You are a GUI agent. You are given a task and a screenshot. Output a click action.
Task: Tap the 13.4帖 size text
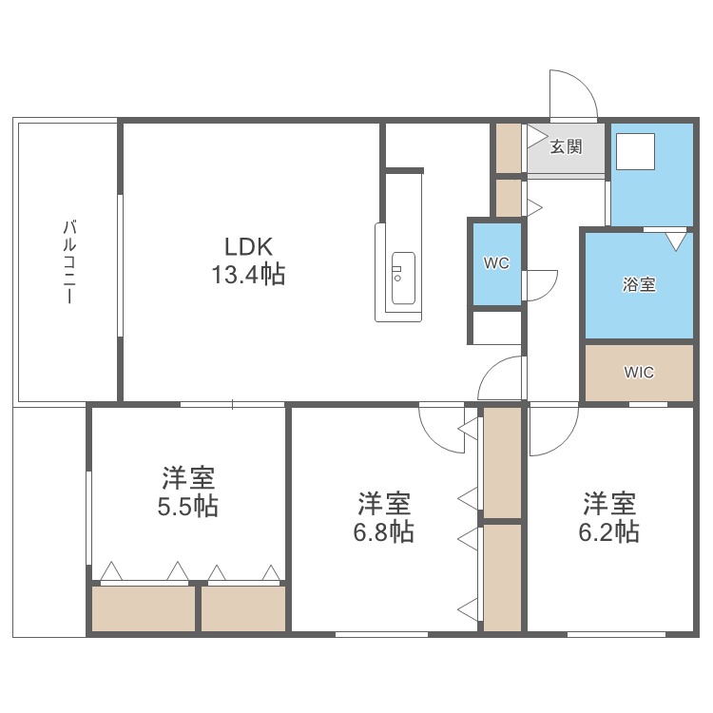click(248, 276)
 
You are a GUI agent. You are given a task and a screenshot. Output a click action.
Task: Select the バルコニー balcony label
click(69, 261)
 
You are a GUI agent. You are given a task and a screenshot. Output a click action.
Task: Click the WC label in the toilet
click(496, 263)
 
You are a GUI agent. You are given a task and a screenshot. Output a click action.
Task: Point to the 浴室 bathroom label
click(638, 284)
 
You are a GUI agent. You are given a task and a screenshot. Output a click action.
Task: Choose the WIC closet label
click(639, 373)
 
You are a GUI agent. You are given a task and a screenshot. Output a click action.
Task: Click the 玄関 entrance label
click(567, 147)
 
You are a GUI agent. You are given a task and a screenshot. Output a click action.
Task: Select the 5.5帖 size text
click(187, 506)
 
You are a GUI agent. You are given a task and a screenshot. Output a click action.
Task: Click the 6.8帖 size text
click(383, 530)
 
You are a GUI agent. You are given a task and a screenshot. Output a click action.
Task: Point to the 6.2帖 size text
click(608, 530)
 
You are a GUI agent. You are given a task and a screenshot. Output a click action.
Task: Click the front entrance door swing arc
click(574, 93)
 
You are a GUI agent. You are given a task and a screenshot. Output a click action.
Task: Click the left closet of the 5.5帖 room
click(143, 607)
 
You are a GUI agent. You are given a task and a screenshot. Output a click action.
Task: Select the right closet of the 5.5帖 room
click(243, 607)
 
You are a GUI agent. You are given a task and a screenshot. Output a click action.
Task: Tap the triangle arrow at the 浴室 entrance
click(675, 241)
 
